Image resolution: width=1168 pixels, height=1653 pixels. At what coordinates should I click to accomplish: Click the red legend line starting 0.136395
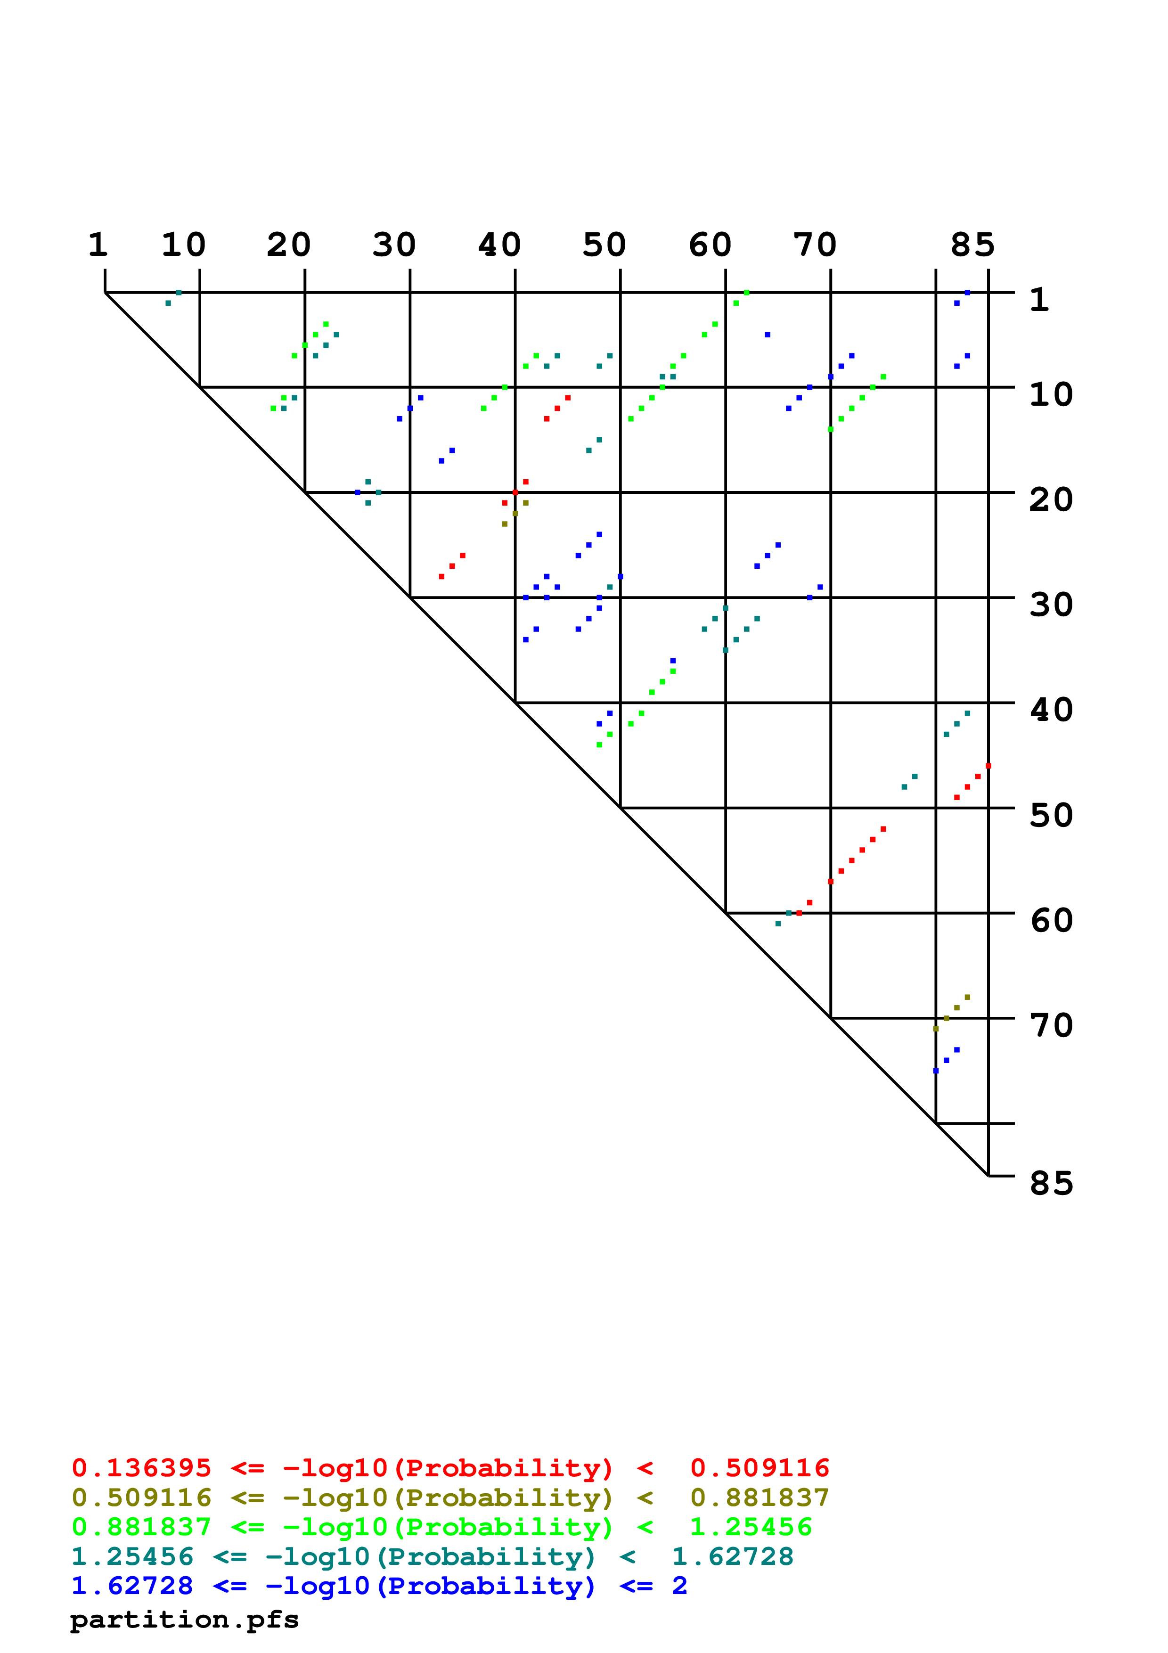(x=450, y=1467)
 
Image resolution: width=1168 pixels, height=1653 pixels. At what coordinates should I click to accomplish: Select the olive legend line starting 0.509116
(x=450, y=1498)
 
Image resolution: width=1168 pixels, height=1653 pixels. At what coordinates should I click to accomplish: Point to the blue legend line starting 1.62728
(x=379, y=1586)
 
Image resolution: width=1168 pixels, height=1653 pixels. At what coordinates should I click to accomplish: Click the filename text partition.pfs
(x=184, y=1620)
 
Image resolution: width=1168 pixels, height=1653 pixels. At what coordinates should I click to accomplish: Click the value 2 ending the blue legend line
(x=679, y=1586)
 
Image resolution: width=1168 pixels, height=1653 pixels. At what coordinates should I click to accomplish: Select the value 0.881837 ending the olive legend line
(x=759, y=1498)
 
